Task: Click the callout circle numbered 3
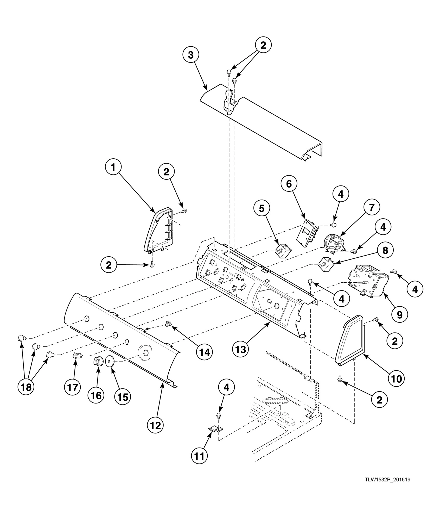[191, 55]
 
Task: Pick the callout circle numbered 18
[26, 387]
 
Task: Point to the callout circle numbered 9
[399, 315]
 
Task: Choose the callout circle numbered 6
[289, 184]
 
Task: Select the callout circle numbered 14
[204, 352]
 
